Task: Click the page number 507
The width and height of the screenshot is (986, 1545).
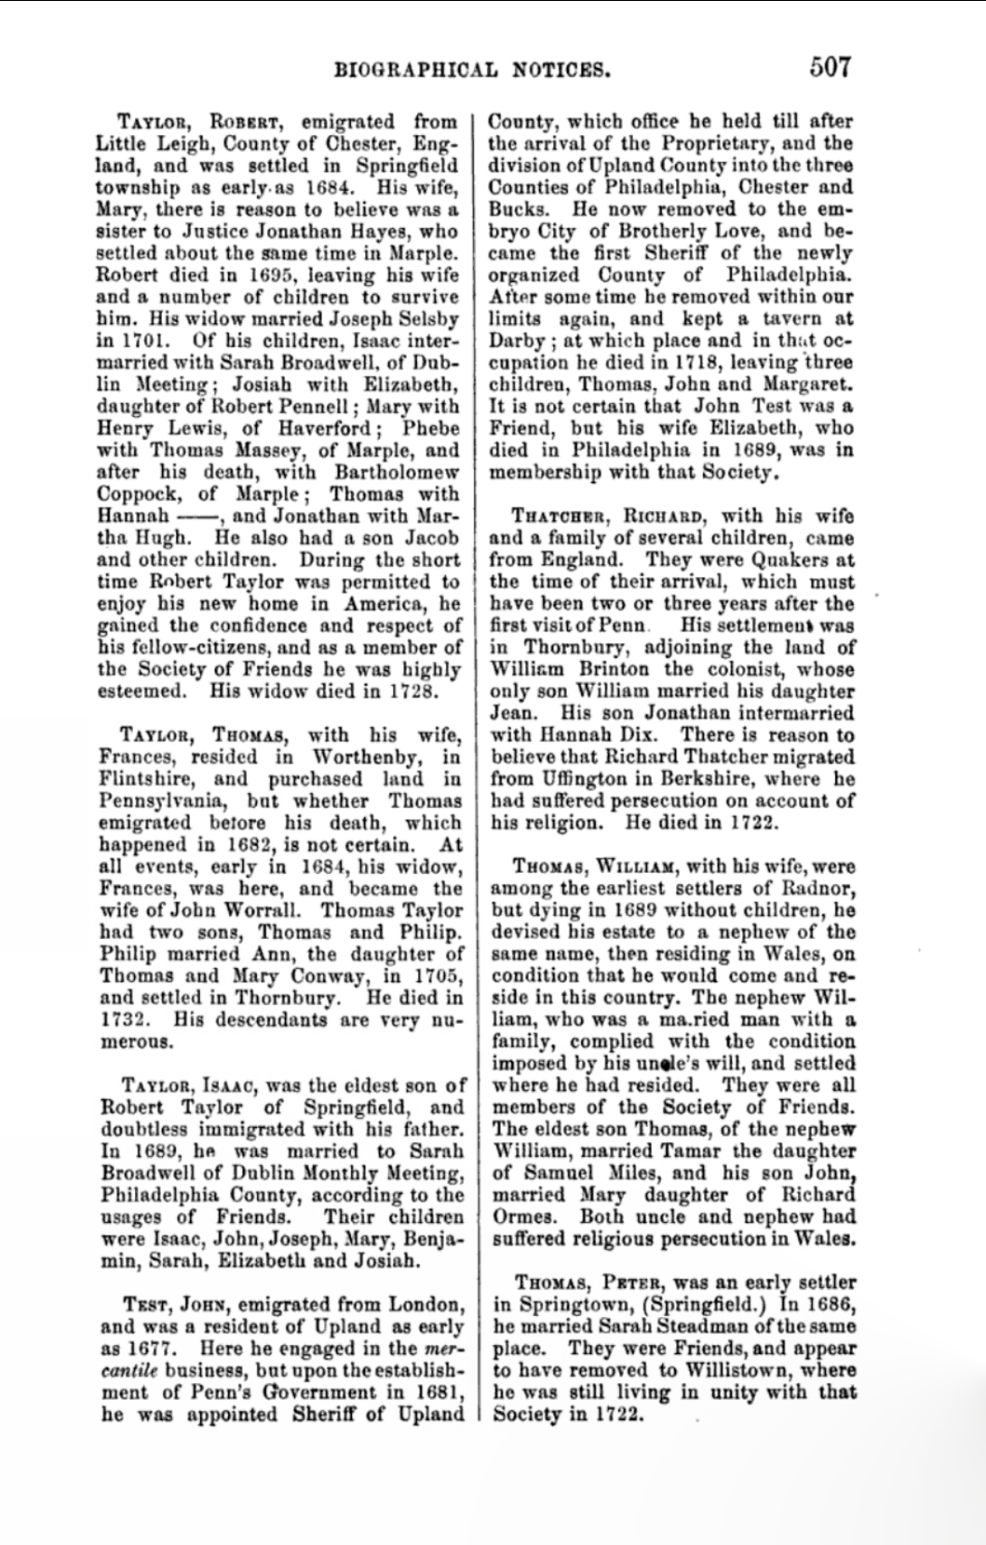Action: (x=831, y=68)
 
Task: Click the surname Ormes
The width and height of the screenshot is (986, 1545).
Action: (x=521, y=1216)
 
